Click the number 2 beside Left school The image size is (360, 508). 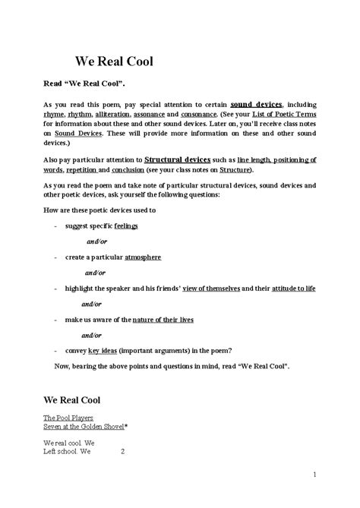point(122,451)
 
